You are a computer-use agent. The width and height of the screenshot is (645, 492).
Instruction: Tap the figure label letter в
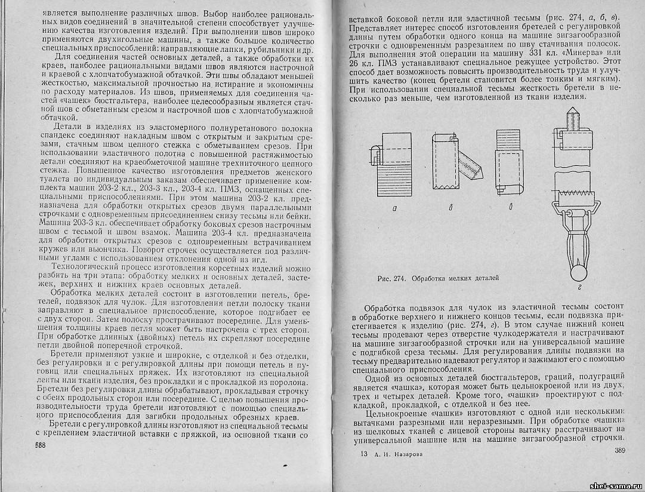coord(507,209)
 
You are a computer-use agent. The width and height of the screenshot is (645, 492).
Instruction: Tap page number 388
coord(40,445)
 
